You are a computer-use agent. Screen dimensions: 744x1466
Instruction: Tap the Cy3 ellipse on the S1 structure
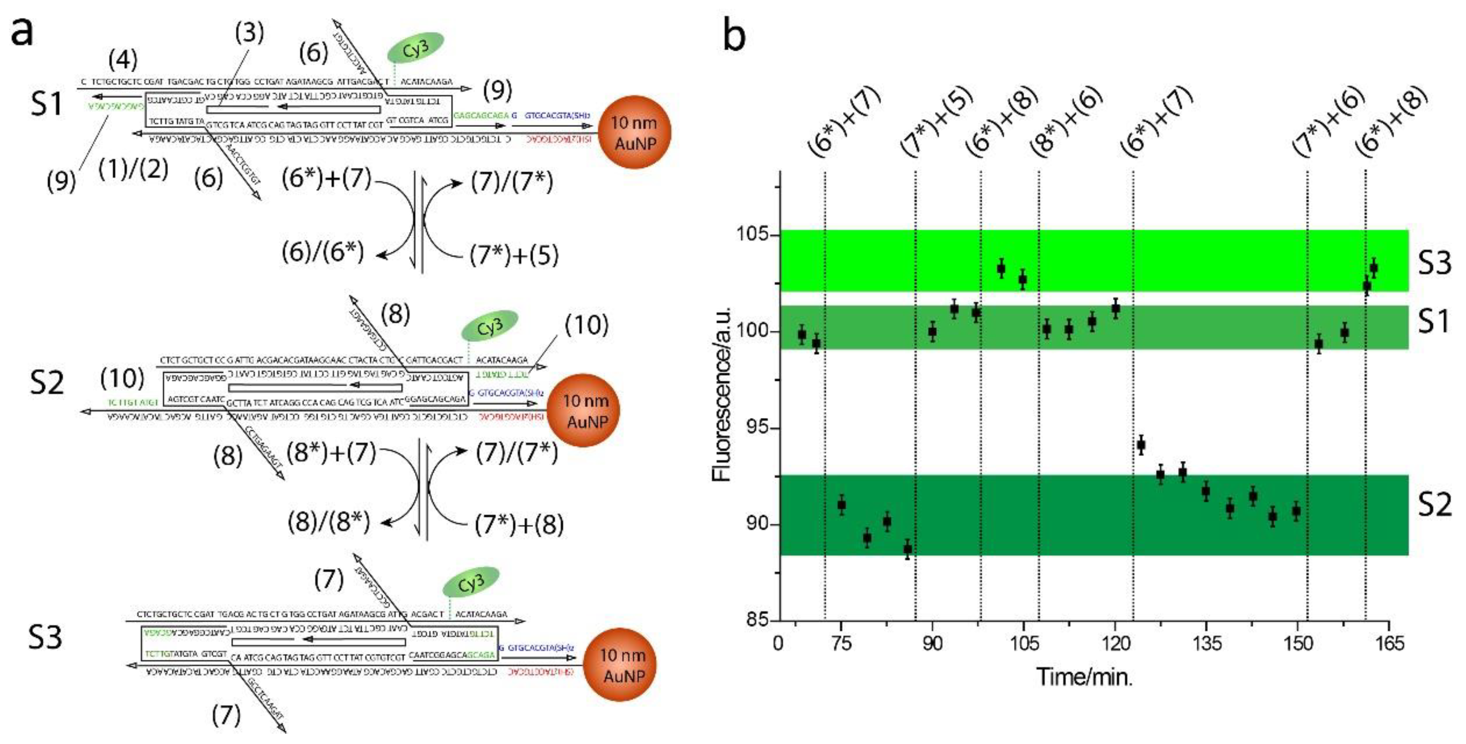pos(415,48)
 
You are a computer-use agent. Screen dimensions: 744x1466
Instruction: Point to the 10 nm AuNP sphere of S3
pos(622,665)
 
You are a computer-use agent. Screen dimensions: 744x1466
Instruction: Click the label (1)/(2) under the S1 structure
pos(133,169)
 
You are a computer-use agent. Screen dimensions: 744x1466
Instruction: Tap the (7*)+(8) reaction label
pos(519,525)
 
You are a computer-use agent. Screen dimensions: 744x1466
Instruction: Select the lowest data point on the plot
pos(908,549)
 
